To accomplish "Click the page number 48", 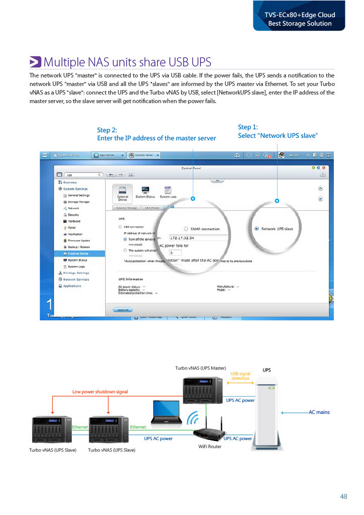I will click(344, 496).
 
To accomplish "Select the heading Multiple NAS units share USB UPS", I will click(127, 62).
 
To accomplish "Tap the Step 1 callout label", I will click(278, 131).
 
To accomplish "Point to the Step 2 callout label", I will click(156, 134).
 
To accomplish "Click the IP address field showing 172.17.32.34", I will click(199, 238).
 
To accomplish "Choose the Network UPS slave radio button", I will click(257, 229).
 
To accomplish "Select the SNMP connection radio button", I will click(186, 229).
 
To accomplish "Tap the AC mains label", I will click(319, 412).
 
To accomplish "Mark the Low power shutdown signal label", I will click(100, 391).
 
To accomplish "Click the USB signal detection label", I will click(240, 376).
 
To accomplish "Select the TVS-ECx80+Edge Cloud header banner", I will click(299, 19).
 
